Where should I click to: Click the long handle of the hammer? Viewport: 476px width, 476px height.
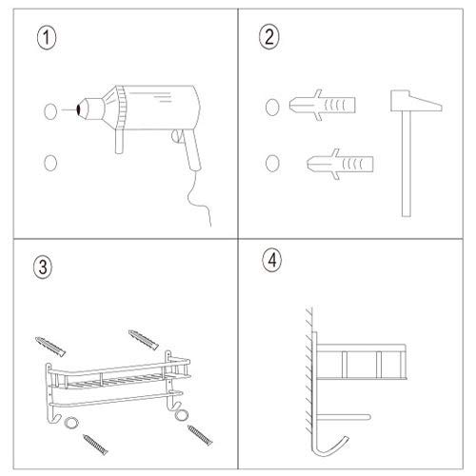tap(406, 162)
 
